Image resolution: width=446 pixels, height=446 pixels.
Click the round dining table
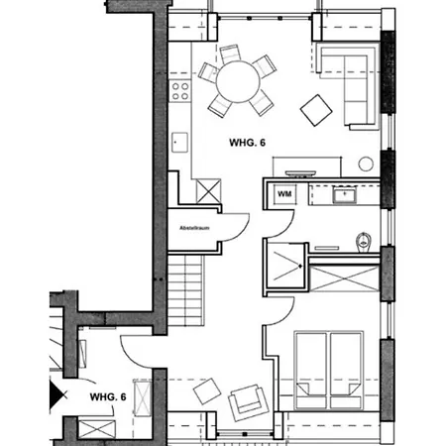pos(238,81)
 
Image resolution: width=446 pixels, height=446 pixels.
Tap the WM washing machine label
pos(284,194)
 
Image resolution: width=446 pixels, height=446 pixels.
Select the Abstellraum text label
pos(194,228)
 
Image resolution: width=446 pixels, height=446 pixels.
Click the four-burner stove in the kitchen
pos(180,91)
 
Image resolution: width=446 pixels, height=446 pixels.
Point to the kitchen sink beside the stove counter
pos(180,143)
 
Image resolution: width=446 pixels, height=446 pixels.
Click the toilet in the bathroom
pos(364,242)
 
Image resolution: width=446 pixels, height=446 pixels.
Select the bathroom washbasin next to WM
pos(344,195)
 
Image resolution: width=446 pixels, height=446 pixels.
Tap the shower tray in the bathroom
pos(285,266)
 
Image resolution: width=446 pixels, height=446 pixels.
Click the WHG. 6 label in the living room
pos(247,143)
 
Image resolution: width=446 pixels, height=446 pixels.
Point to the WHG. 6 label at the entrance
pos(108,396)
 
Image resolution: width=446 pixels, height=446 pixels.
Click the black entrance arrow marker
pos(56,394)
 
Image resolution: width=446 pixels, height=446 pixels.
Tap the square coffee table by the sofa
pos(316,110)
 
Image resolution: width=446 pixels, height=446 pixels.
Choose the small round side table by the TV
pos(366,164)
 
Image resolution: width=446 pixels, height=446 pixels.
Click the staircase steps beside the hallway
pos(185,290)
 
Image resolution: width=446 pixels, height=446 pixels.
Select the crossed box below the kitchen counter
pos(208,191)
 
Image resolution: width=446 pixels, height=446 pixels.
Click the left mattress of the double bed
pos(311,370)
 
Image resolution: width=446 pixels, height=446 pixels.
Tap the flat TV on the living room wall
pos(300,173)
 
